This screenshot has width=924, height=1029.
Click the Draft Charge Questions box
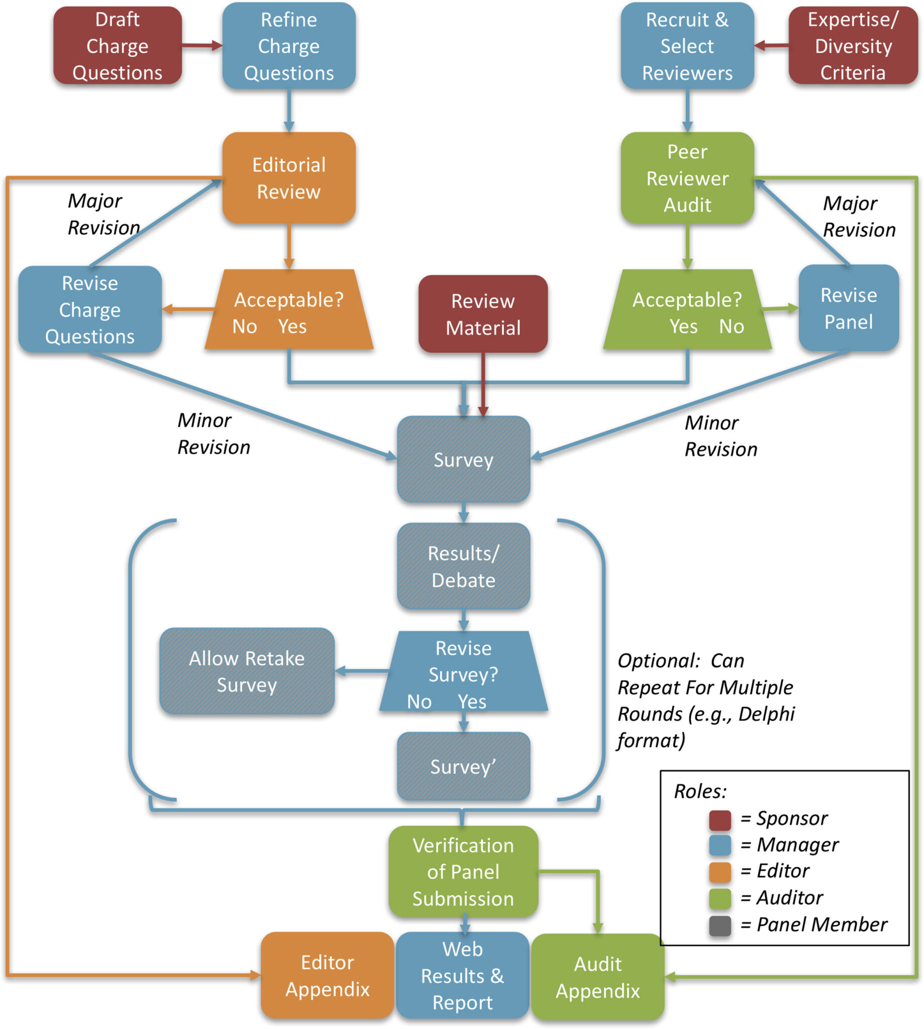click(x=117, y=46)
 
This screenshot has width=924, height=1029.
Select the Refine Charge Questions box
click(x=288, y=46)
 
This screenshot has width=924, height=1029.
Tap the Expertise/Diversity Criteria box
click(x=853, y=46)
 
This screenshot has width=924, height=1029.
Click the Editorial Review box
click(x=288, y=178)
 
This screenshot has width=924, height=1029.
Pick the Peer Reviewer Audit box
click(x=687, y=178)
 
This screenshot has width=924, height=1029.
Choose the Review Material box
click(x=483, y=314)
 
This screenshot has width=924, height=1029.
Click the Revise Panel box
click(x=848, y=308)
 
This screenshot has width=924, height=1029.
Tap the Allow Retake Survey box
click(x=247, y=671)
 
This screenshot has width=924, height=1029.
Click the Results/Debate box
click(x=463, y=567)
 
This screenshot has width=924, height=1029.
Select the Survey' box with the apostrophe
click(x=463, y=766)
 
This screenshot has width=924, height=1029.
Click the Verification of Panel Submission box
click(x=463, y=872)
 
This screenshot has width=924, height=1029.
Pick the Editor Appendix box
click(x=327, y=975)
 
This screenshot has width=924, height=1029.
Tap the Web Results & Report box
click(x=462, y=975)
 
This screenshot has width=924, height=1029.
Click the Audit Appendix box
click(x=597, y=977)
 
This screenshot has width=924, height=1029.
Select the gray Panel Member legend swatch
click(x=720, y=925)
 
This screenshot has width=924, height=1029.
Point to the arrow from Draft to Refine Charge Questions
click(x=201, y=46)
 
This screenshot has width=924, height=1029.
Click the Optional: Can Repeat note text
click(x=706, y=700)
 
